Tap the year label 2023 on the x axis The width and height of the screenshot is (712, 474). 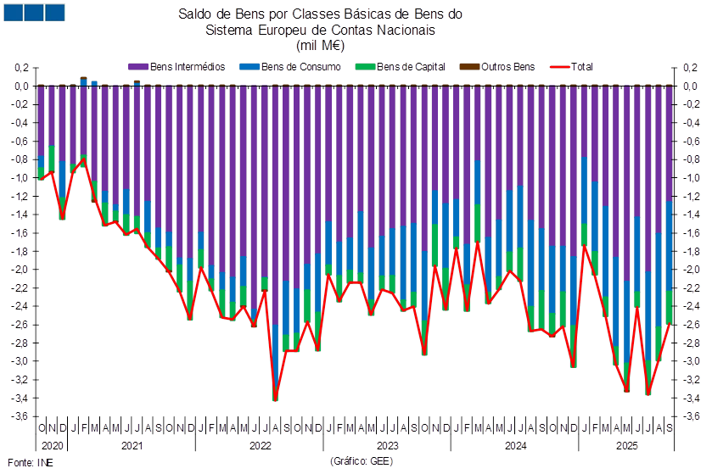tap(387, 444)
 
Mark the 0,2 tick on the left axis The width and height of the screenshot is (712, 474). tap(23, 68)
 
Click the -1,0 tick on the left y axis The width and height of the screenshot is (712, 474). tap(23, 178)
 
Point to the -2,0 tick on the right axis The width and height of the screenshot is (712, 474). tap(692, 270)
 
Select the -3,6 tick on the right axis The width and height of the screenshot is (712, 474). tap(692, 415)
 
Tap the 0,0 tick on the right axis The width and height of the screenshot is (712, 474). tap(692, 86)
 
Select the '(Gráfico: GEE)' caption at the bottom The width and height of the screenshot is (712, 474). tap(360, 461)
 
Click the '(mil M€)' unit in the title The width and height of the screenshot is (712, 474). tap(321, 44)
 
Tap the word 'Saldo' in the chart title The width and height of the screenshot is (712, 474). tap(193, 14)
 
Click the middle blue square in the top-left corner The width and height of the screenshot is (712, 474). tap(34, 12)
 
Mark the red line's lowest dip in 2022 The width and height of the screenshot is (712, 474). tap(275, 399)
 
